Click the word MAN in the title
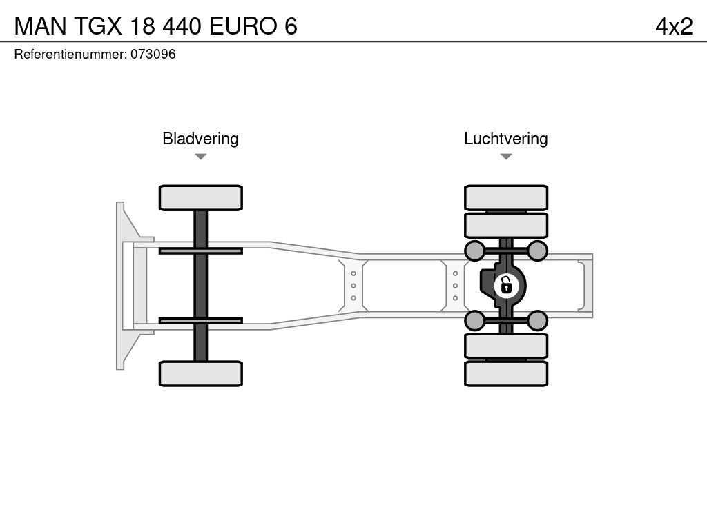point(41,26)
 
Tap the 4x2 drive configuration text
point(674,26)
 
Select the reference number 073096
point(153,55)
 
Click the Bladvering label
point(200,139)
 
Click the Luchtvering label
point(505,139)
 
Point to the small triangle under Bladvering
point(200,157)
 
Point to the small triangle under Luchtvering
point(505,157)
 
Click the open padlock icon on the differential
point(506,284)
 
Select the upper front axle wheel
point(200,197)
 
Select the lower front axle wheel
point(200,373)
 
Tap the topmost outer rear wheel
point(506,197)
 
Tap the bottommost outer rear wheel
point(506,373)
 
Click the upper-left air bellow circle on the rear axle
point(474,250)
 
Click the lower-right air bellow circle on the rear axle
point(538,320)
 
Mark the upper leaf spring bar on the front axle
point(200,251)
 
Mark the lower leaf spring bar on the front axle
point(200,320)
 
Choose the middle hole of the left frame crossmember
point(353,285)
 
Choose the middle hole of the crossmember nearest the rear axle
point(456,285)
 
